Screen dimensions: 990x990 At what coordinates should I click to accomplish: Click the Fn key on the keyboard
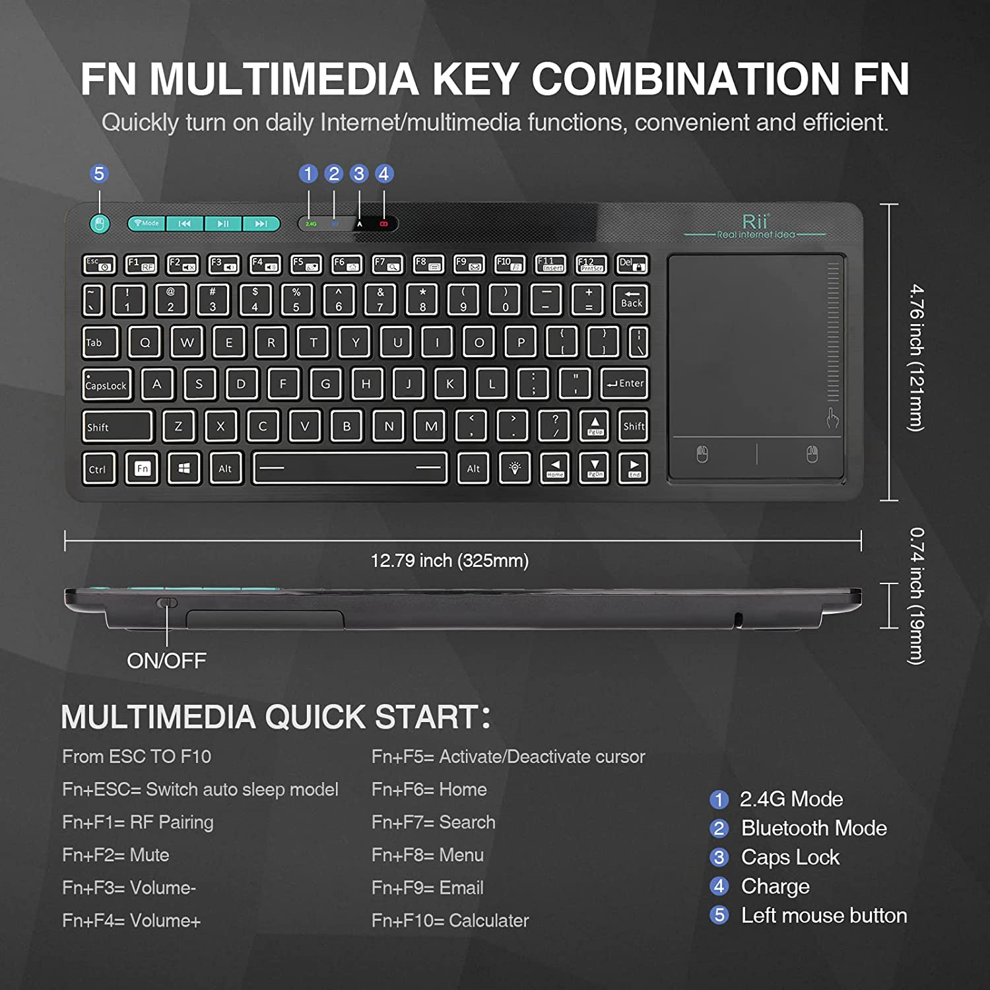143,469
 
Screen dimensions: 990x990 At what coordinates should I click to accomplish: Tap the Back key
631,299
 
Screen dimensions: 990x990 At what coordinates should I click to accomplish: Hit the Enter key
624,383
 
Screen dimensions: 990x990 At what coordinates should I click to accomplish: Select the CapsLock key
107,385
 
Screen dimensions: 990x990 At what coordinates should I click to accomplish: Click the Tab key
100,342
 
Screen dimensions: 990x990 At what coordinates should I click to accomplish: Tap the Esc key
99,264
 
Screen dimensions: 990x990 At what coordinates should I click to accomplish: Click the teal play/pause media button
223,224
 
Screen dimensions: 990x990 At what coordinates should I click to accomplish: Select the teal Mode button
147,224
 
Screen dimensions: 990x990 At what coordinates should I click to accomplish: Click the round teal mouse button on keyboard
99,224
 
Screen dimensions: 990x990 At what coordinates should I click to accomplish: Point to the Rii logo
755,222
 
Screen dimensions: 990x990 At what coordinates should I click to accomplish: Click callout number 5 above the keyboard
99,174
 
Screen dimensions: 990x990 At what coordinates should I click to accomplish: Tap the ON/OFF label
166,660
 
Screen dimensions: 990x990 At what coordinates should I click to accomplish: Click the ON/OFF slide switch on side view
167,602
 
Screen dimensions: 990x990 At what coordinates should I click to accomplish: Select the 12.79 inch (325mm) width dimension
449,560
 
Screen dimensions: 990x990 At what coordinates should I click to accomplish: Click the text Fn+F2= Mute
115,855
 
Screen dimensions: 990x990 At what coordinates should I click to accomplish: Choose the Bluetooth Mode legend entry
813,828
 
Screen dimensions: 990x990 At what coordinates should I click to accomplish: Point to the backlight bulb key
515,468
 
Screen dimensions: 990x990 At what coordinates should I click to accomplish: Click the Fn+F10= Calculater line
450,920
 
